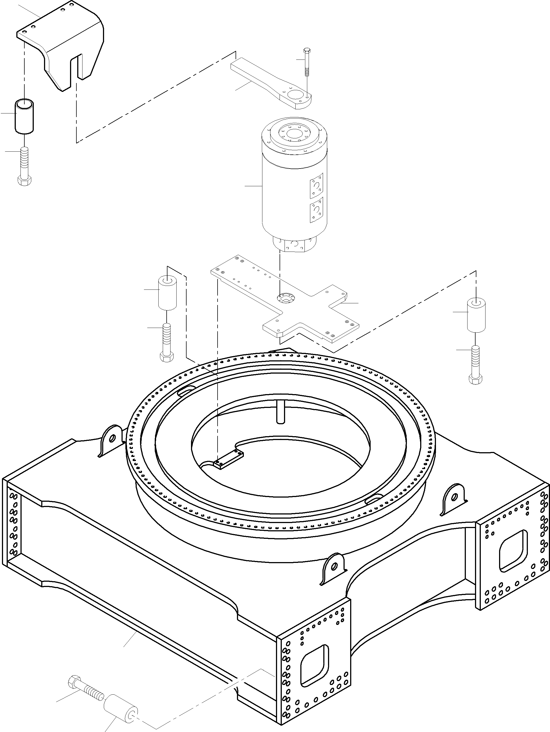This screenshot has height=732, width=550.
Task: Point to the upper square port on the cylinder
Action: pyautogui.click(x=316, y=186)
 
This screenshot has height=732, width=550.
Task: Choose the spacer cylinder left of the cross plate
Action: pyautogui.click(x=168, y=293)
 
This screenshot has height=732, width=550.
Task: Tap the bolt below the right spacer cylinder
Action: pyautogui.click(x=476, y=364)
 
